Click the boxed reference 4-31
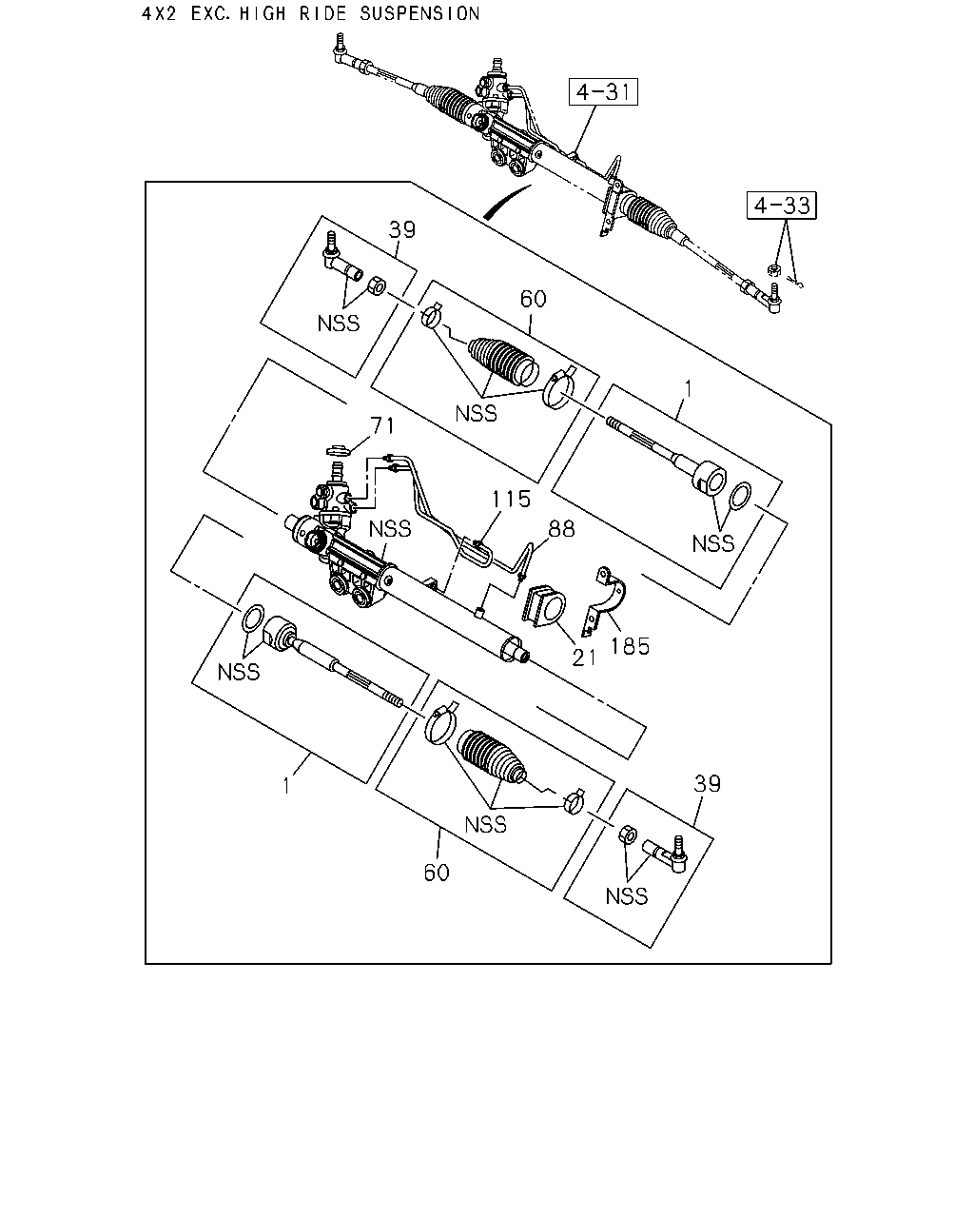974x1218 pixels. pos(603,91)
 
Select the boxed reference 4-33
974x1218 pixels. pos(782,206)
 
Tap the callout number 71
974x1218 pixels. pos(382,425)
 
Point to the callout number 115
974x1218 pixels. pos(511,500)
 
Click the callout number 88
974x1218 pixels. pos(561,529)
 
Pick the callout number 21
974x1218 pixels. pos(584,658)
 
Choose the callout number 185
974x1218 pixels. pos(630,646)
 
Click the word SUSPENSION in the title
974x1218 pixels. pos(419,13)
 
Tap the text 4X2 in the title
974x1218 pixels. pos(159,13)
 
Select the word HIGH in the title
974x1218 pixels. pos(263,13)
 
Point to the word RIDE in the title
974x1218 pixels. pos(322,13)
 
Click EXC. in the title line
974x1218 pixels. pos(210,13)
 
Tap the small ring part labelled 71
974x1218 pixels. pos(339,450)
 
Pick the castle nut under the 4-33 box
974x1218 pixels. pos(773,270)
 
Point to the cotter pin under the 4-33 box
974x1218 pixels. pos(797,283)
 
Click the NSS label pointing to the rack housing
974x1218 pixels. pos(389,529)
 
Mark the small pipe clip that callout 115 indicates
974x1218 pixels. pos(478,544)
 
